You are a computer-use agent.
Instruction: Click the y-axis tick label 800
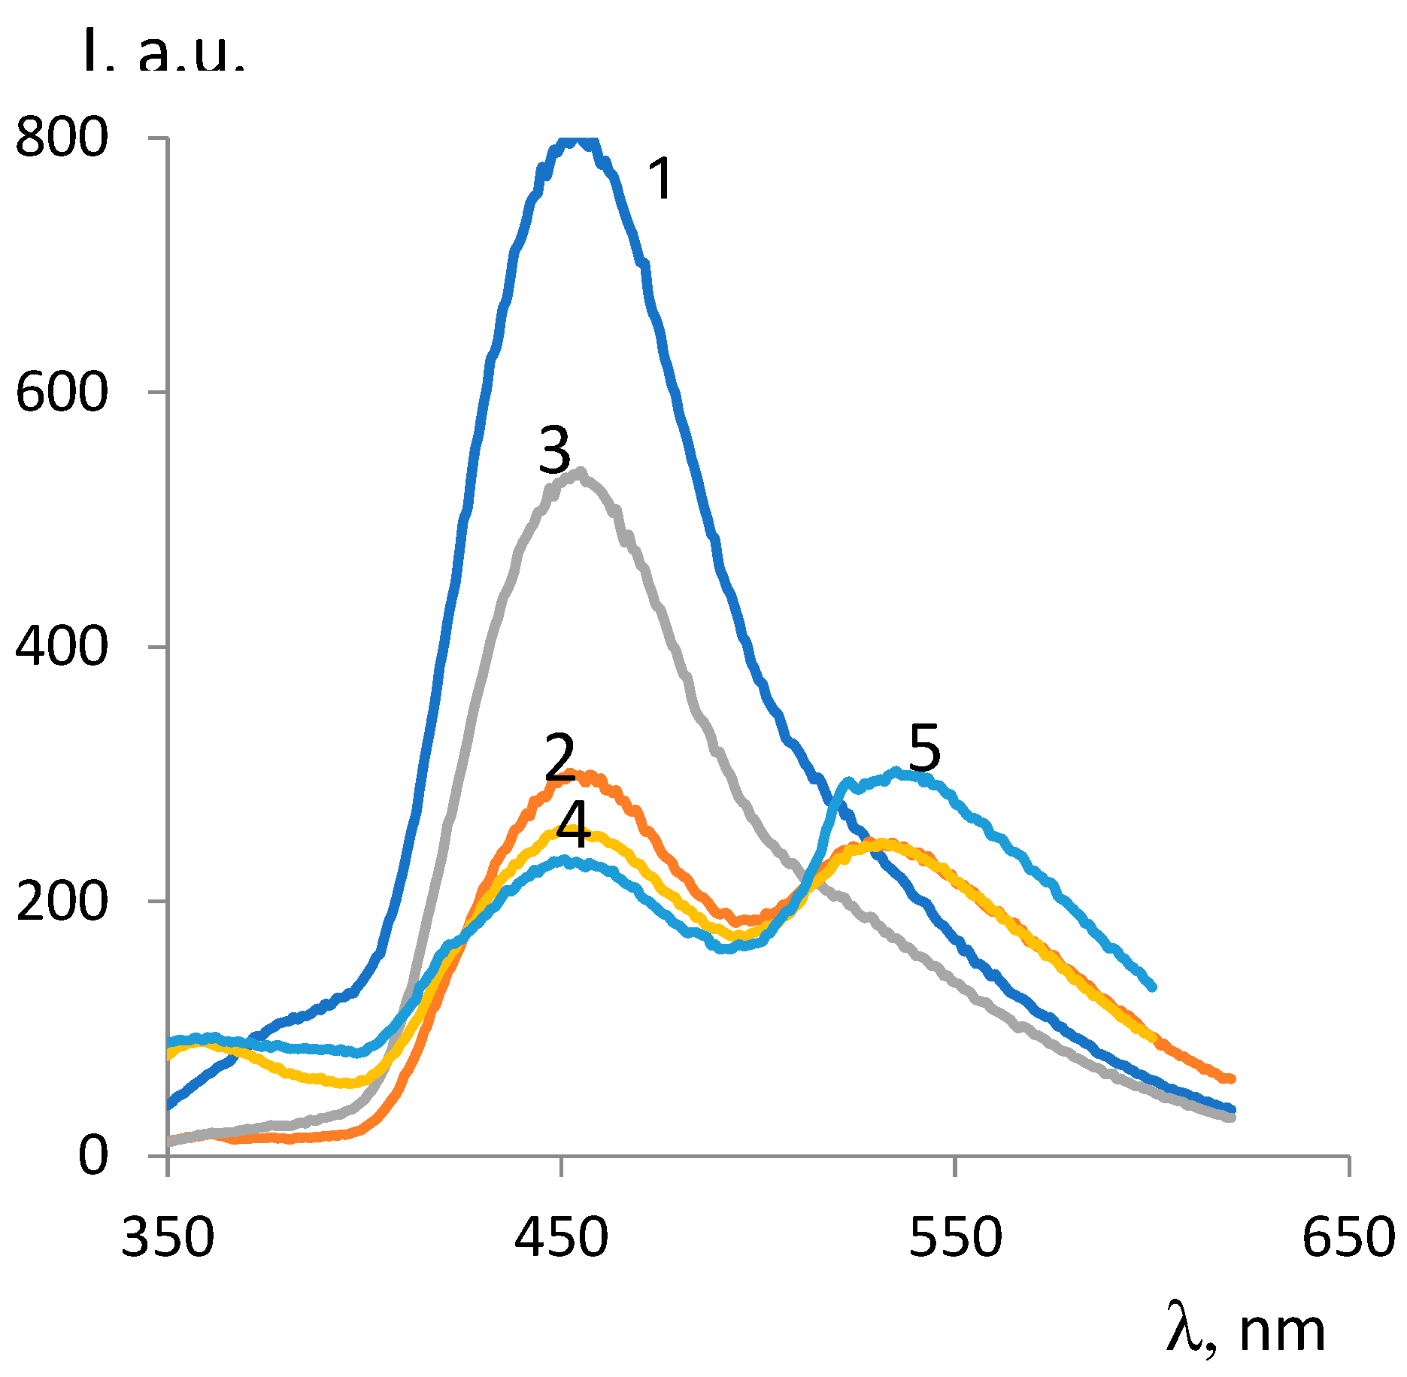pos(62,138)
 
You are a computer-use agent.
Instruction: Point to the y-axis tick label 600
pos(62,393)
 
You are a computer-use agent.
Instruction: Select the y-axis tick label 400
pos(62,647)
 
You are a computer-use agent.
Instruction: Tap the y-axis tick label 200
pos(62,902)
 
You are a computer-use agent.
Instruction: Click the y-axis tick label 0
pos(93,1156)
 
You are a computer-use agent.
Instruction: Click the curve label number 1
pos(661,179)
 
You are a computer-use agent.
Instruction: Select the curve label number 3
pos(555,450)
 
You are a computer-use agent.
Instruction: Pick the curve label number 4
pos(574,825)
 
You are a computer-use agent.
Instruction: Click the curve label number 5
pos(924,748)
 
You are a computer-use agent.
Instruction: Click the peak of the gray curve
pos(578,473)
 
